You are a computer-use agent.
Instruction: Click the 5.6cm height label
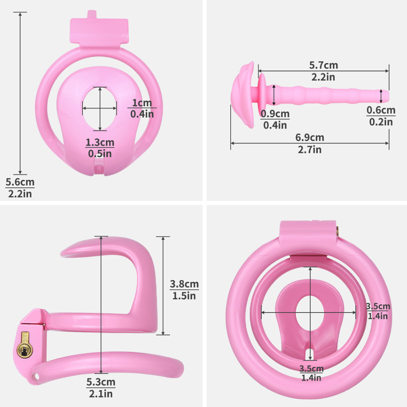pyautogui.click(x=20, y=182)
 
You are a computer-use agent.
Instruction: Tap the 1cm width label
pyautogui.click(x=142, y=103)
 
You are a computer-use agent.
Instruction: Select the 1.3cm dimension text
pyautogui.click(x=100, y=143)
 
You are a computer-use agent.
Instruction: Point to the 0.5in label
pyautogui.click(x=100, y=154)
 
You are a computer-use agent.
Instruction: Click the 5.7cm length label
pyautogui.click(x=323, y=65)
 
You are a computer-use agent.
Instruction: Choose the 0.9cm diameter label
pyautogui.click(x=275, y=114)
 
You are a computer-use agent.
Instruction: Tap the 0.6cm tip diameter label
pyautogui.click(x=381, y=110)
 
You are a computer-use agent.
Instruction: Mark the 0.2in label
pyautogui.click(x=381, y=122)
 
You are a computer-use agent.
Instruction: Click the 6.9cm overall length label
pyautogui.click(x=309, y=138)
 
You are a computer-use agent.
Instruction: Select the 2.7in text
pyautogui.click(x=309, y=150)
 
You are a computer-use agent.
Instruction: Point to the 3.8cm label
pyautogui.click(x=184, y=284)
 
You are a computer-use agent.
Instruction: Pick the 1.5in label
pyautogui.click(x=184, y=296)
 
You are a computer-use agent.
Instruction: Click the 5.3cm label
pyautogui.click(x=101, y=382)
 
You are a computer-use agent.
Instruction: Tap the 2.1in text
pyautogui.click(x=101, y=394)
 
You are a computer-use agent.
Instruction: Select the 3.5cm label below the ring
pyautogui.click(x=311, y=368)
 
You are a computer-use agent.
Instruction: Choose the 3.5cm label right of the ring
pyautogui.click(x=378, y=306)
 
